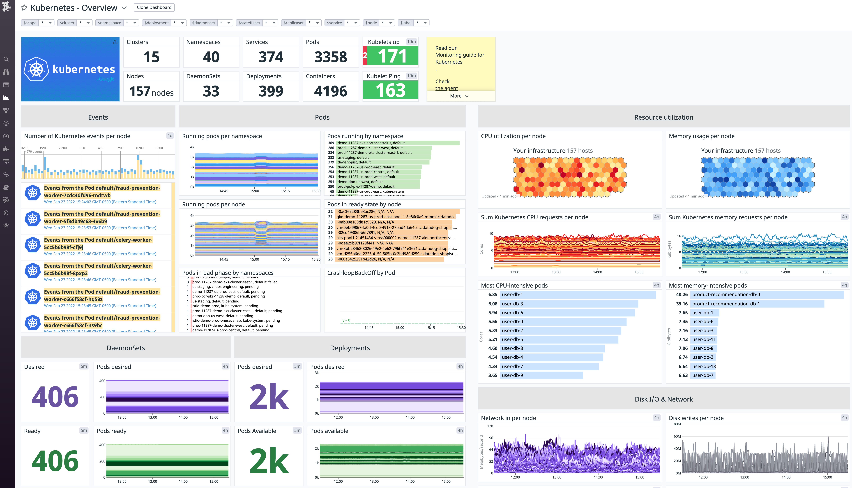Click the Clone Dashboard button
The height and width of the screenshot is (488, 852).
click(154, 7)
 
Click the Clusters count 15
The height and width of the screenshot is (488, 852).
click(151, 57)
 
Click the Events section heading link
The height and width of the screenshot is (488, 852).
click(98, 117)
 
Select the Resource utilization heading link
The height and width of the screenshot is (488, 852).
click(663, 117)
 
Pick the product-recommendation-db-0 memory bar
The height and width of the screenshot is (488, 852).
click(767, 295)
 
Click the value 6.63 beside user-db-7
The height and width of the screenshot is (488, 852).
click(683, 375)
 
